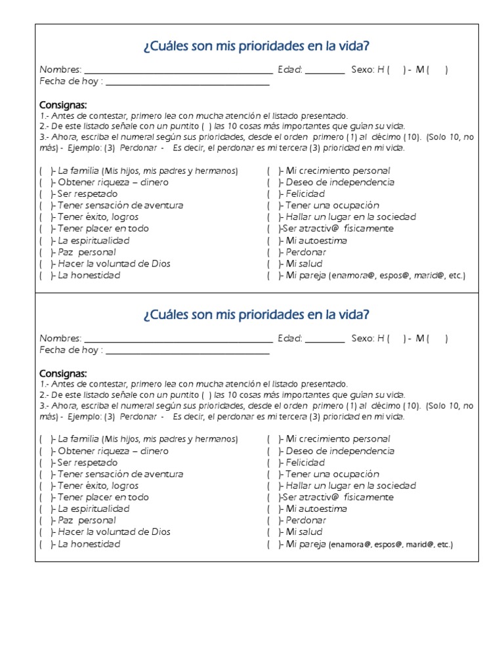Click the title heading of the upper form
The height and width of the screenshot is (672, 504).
256,47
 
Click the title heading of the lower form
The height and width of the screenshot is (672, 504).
256,315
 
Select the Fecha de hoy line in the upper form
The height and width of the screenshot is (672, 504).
187,83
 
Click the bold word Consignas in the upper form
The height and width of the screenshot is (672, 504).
63,105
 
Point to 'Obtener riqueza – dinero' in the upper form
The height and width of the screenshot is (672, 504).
113,182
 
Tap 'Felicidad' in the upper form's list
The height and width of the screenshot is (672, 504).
305,194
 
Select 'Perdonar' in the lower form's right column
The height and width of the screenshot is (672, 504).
306,520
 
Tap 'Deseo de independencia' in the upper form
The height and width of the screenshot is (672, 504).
340,182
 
